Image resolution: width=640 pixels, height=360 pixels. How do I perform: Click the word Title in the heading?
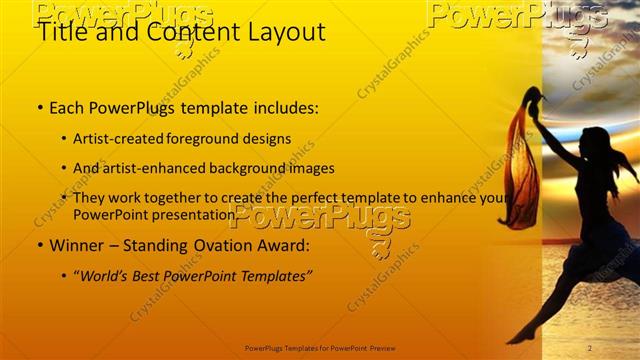point(60,32)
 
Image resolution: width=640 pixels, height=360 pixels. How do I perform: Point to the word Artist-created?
point(126,138)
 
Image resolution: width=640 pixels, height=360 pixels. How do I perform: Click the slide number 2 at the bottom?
point(590,348)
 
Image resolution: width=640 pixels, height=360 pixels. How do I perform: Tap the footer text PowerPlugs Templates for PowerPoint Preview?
point(320,348)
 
